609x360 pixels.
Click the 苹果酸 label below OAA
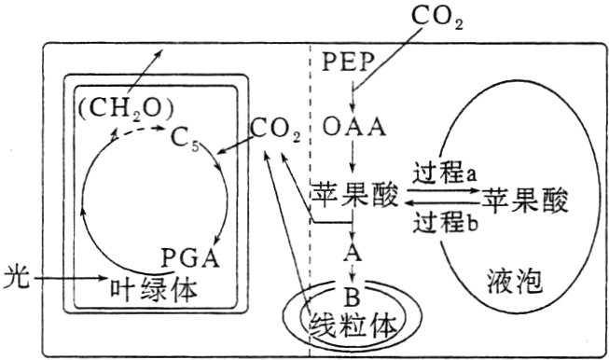355,197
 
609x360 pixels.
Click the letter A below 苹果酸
353,254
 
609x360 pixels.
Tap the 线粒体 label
353,325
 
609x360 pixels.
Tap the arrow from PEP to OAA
353,95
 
